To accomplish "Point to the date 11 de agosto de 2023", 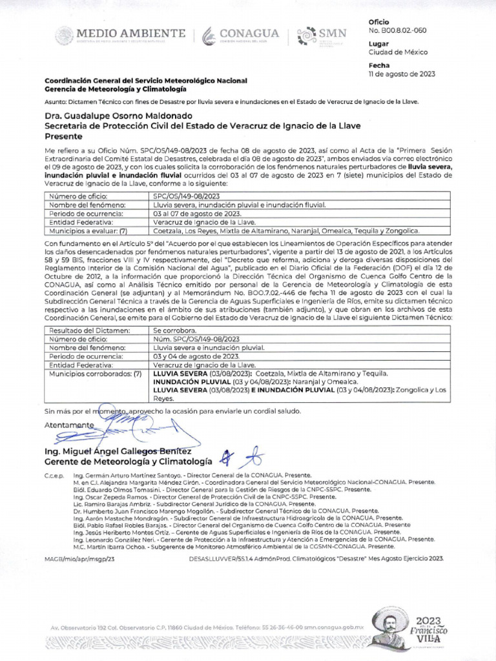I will pos(402,74).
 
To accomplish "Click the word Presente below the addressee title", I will pos(63,137).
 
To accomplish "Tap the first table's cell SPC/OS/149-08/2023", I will pos(187,196).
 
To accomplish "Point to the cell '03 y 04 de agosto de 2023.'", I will pos(197,356).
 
